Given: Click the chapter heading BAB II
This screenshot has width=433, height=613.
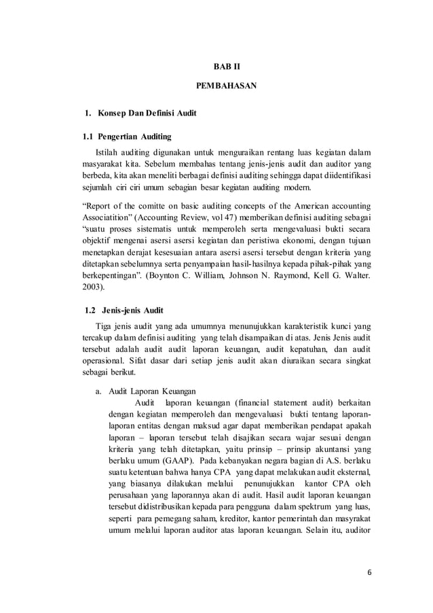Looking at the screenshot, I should pos(216,67).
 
